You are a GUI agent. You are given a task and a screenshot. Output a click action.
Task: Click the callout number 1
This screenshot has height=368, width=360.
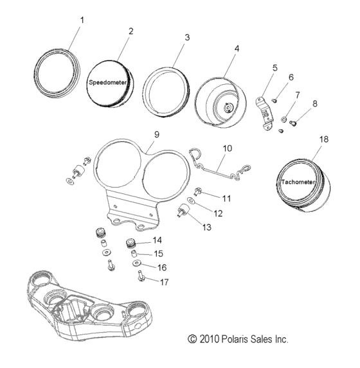point(82,20)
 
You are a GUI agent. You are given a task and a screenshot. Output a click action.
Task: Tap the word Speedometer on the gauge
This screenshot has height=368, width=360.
point(107,83)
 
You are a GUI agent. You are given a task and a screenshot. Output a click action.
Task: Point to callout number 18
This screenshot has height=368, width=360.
point(323,139)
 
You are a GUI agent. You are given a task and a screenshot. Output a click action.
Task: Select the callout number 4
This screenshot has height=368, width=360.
point(237,49)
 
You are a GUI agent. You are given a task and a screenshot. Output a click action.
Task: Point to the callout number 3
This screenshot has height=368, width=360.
point(187,38)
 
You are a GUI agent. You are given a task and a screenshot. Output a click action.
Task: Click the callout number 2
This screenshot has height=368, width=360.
point(131,31)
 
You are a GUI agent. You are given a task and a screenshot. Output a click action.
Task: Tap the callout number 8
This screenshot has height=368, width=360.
point(315,103)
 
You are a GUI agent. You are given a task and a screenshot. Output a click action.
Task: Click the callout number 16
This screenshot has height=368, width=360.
point(161,267)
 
